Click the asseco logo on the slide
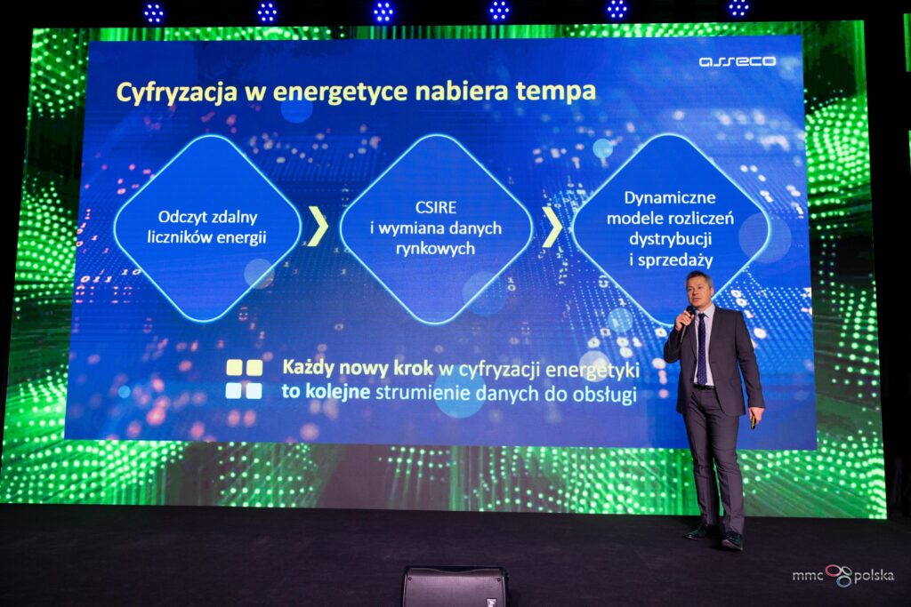738,61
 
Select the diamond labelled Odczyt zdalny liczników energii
207,228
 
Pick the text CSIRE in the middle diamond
436,207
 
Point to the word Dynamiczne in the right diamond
670,198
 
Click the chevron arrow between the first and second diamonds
318,226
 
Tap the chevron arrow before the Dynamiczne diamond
552,227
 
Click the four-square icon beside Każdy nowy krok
244,379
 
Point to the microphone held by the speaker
689,314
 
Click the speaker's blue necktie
702,348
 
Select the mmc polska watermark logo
843,575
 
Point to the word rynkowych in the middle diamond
436,249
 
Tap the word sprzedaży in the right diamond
675,260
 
